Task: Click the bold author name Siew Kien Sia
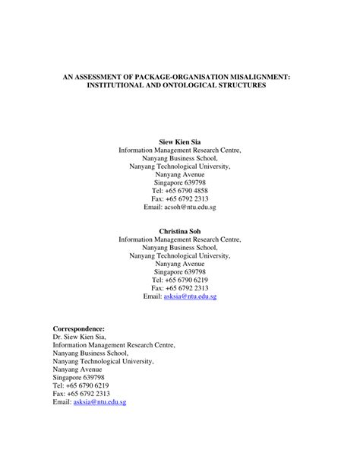pos(179,142)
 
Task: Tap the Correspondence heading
pos(79,328)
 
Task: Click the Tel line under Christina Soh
pos(179,280)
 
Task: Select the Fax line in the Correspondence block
pos(81,394)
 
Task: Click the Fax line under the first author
pos(179,198)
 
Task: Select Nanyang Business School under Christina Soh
pos(179,247)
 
